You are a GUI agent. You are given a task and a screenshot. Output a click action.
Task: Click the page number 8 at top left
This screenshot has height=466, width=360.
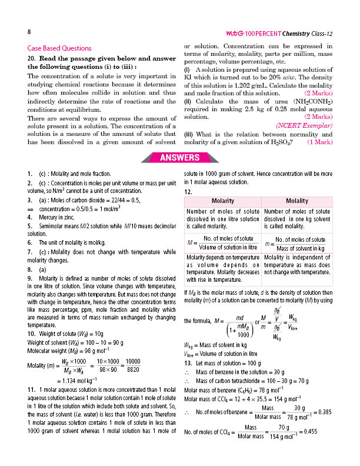pos(29,31)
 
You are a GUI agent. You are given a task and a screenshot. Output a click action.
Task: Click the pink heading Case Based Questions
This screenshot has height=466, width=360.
pos(59,48)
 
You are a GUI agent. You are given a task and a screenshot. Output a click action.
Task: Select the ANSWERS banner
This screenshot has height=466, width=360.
pos(180,157)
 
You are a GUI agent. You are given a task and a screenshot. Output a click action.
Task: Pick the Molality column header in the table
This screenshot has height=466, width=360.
pos(296,201)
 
